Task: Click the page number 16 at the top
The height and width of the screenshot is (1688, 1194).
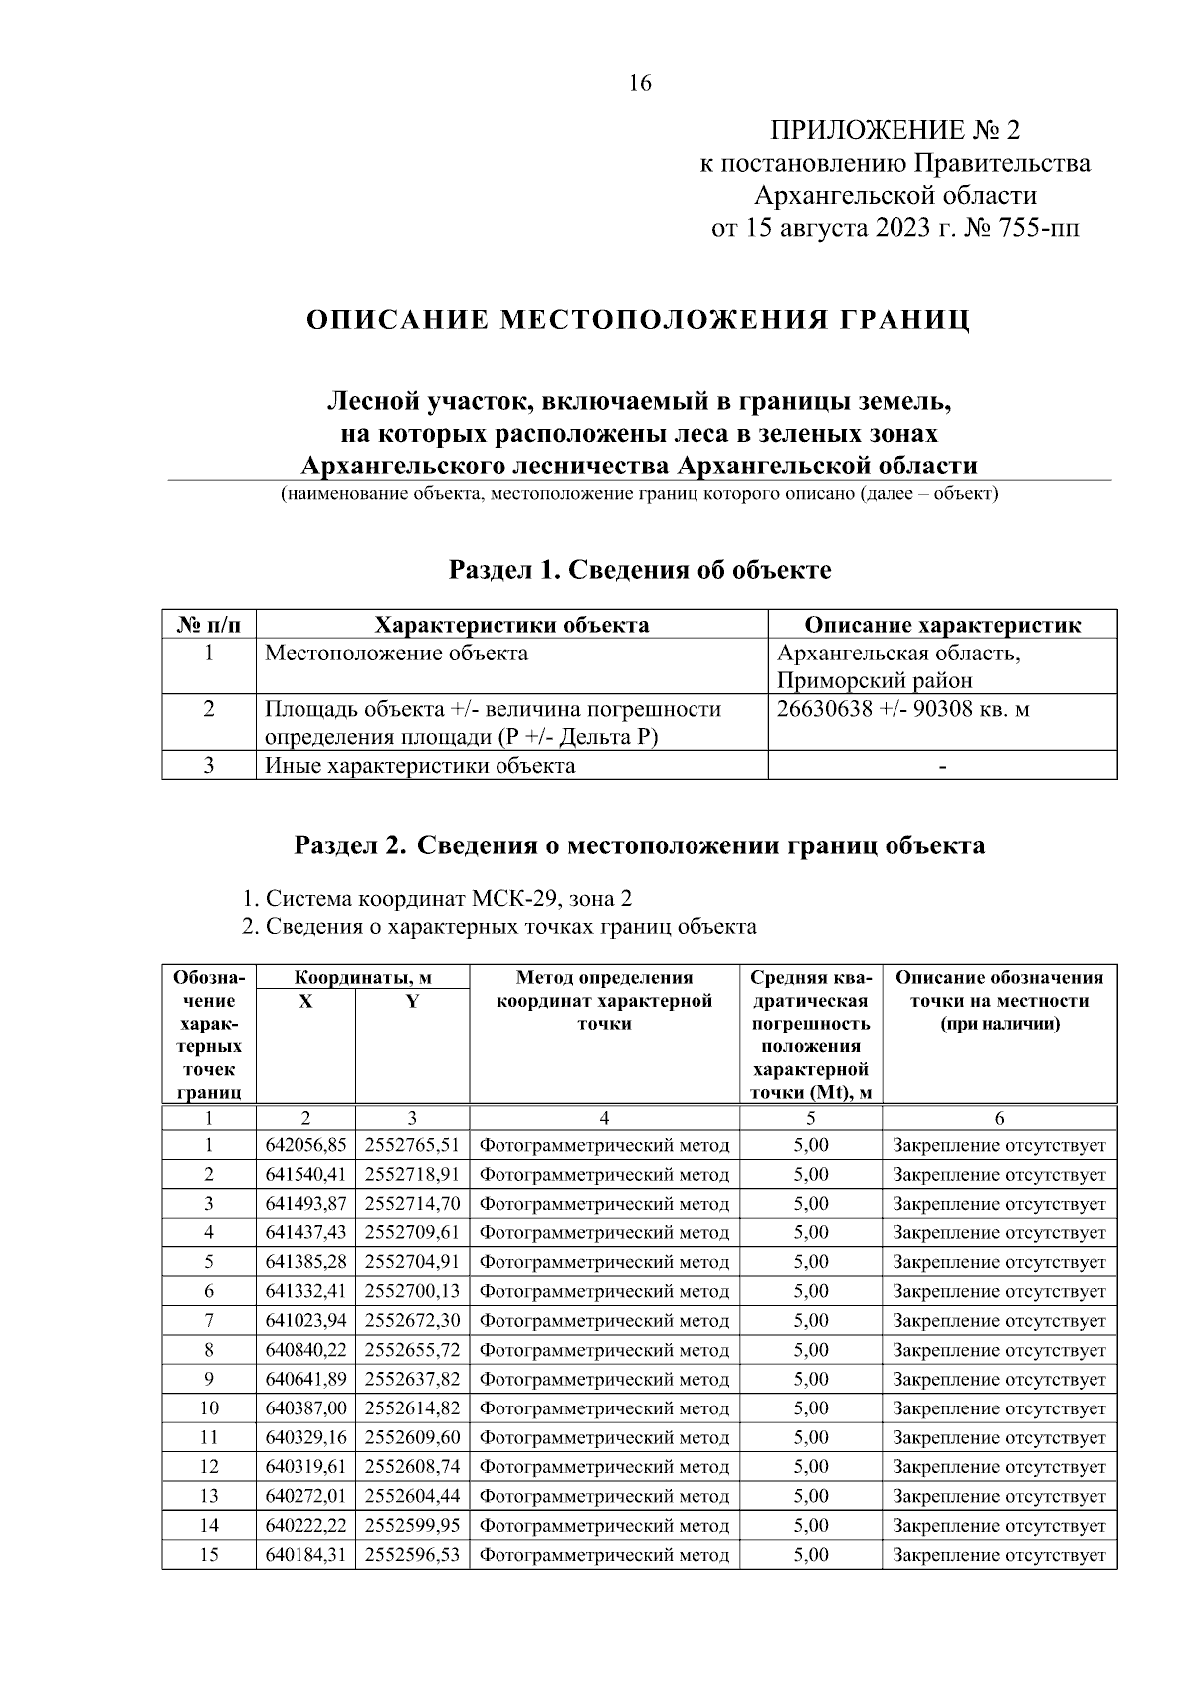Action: click(640, 84)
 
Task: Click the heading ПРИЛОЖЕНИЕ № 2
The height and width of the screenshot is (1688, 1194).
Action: click(895, 131)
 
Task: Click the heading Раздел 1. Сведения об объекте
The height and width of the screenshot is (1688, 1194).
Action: click(640, 570)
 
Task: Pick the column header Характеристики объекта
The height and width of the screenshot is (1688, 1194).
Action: click(511, 625)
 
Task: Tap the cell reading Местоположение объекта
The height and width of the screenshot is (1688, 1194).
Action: click(396, 654)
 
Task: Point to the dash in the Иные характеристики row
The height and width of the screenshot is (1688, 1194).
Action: click(942, 767)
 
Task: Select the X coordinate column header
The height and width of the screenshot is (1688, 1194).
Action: click(305, 1002)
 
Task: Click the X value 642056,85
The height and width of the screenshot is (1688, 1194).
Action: click(305, 1146)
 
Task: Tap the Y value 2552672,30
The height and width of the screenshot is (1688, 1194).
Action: click(412, 1321)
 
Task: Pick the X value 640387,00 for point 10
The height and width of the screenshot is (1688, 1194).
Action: click(305, 1408)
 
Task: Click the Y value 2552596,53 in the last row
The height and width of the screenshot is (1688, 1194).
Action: click(412, 1555)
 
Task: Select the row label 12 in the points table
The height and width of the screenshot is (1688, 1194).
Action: click(209, 1467)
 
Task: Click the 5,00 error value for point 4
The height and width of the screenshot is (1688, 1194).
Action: click(811, 1233)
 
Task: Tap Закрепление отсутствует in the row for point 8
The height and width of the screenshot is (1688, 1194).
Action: click(999, 1351)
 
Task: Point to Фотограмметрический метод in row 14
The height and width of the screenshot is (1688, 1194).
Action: click(604, 1526)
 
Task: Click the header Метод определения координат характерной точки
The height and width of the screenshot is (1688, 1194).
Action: click(604, 1000)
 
